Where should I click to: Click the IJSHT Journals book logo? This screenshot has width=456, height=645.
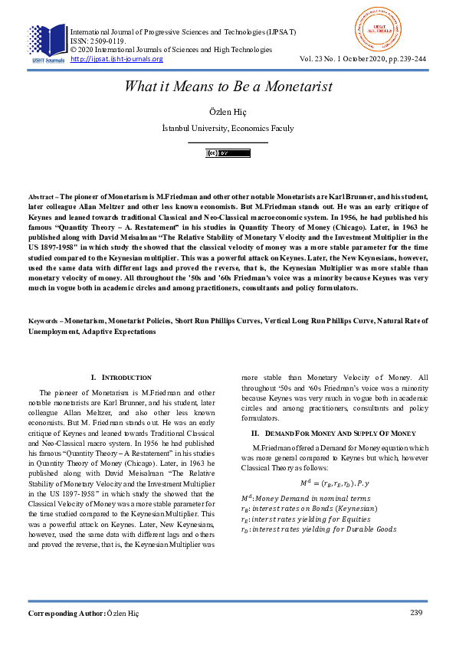[47, 41]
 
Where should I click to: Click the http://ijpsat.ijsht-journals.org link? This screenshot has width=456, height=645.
[116, 59]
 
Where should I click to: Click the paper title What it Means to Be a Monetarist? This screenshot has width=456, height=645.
[228, 87]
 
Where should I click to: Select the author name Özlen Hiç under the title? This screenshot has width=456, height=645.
[228, 112]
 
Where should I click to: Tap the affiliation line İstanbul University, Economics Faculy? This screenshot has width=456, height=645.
[228, 128]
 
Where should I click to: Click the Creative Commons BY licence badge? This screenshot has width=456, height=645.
[228, 153]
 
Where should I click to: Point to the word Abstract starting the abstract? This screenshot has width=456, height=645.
[41, 197]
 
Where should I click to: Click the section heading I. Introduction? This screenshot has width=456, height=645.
[121, 378]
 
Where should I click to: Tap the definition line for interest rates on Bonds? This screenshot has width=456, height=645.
[308, 509]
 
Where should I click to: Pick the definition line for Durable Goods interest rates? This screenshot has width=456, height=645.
[318, 529]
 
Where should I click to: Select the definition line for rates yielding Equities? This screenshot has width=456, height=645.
[305, 519]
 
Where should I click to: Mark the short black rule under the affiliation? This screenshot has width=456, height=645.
[228, 142]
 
